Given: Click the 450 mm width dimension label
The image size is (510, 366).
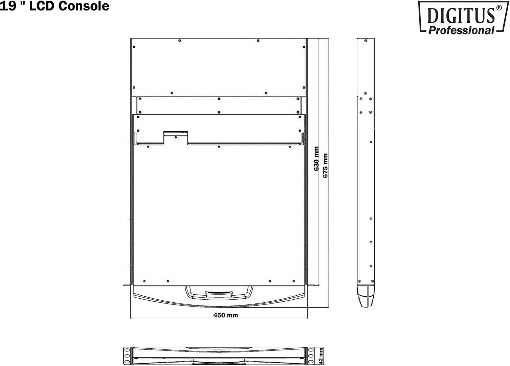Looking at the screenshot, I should coord(225,315).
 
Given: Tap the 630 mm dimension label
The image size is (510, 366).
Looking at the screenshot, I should coord(316,158).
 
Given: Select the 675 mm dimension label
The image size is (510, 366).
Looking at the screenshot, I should coord(325,166).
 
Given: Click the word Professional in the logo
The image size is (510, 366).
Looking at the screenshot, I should coord(461,30).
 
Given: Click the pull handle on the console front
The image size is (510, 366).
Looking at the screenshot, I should coord(219,292).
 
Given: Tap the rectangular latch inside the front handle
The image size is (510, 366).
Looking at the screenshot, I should coord(219,294).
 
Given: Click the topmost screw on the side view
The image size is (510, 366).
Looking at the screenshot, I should coord(365,41).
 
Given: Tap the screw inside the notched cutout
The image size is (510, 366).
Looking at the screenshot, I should coord(176,137).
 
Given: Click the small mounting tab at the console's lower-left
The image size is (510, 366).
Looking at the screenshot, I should coord(127,285).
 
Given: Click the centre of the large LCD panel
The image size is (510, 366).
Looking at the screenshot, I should coord(219,213).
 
